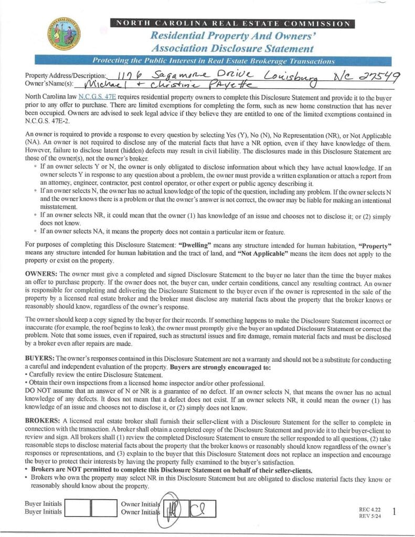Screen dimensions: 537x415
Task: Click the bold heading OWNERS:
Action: [x=41, y=274]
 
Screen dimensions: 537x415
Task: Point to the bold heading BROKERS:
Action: [x=43, y=421]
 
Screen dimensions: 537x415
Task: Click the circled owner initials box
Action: [x=174, y=508]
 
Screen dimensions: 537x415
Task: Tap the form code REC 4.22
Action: [x=369, y=509]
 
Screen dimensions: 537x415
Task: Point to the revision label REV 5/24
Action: [x=369, y=515]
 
